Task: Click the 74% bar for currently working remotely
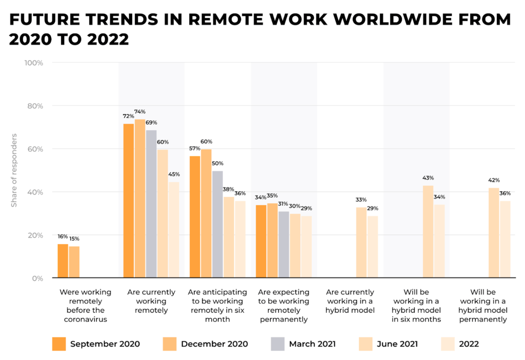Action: tap(140, 198)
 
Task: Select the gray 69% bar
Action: tap(151, 204)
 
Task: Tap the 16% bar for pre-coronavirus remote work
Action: tap(63, 261)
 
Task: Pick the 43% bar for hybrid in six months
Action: tap(428, 232)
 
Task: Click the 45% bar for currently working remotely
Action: tap(174, 230)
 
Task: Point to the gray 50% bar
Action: tap(217, 225)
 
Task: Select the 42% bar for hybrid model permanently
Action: tap(494, 233)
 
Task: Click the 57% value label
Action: tap(195, 148)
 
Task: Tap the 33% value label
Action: tap(361, 199)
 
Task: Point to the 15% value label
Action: tap(74, 238)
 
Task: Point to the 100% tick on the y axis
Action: tap(33, 63)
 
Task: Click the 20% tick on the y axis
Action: tap(35, 235)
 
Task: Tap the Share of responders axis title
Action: tap(14, 170)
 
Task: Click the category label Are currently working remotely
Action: tap(151, 301)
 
